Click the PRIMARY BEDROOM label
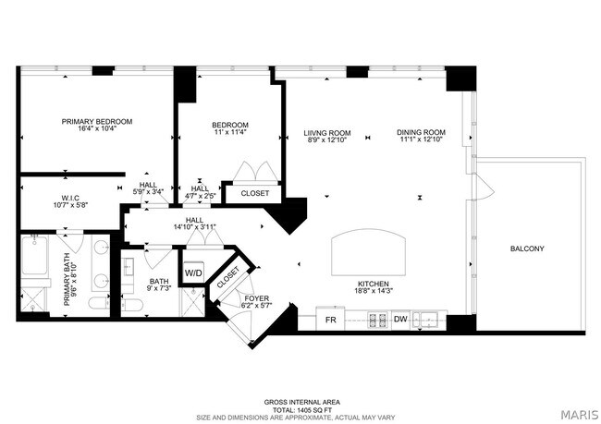coord(97,122)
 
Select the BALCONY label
coord(527,248)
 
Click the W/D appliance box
coord(193,274)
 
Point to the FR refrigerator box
coord(330,321)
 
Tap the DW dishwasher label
coord(399,321)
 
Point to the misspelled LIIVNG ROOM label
coord(327,132)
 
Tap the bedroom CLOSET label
coord(254,194)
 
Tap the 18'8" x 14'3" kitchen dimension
coord(374,292)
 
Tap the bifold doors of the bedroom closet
coord(253,174)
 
